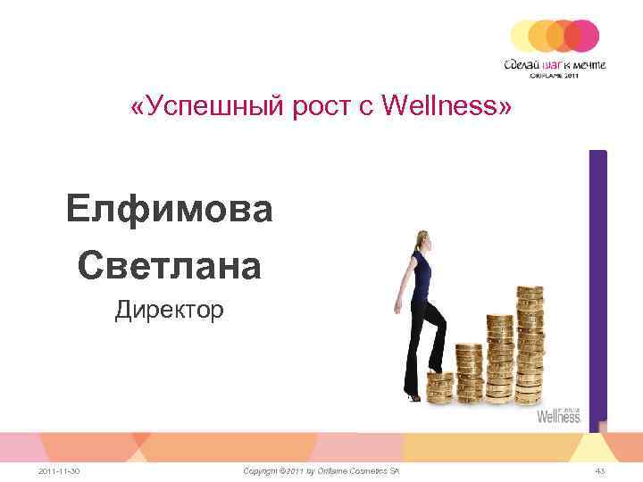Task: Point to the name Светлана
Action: point(169,265)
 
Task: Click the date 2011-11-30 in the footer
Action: point(61,470)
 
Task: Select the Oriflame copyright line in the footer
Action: point(321,470)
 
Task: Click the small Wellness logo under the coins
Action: point(559,415)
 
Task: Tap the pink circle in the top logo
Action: point(584,36)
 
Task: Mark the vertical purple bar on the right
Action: point(597,286)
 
